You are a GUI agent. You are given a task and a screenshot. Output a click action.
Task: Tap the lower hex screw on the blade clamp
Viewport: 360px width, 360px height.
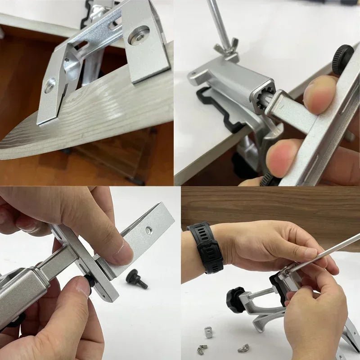click(x=49, y=85)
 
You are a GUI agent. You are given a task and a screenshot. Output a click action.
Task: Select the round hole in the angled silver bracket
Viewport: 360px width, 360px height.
click(x=148, y=230)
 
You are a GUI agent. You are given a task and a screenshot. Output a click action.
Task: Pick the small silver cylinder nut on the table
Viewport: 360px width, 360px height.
click(x=208, y=332)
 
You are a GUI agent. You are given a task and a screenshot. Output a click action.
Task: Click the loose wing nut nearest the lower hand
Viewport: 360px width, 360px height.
click(x=243, y=348)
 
